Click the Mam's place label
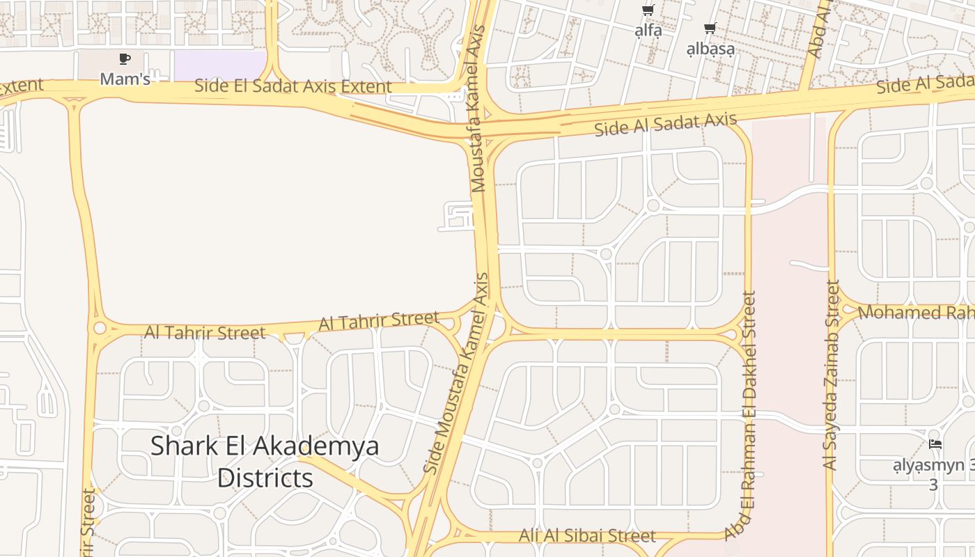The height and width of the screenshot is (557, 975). (x=125, y=79)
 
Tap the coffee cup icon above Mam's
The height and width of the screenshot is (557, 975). (x=125, y=59)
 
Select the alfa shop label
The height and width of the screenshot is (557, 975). (x=648, y=31)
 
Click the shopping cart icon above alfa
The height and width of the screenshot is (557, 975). (x=648, y=10)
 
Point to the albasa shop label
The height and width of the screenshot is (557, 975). (x=710, y=49)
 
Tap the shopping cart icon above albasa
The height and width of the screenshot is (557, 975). (x=710, y=29)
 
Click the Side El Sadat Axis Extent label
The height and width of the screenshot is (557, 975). (x=292, y=86)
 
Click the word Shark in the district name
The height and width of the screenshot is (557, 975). (x=185, y=446)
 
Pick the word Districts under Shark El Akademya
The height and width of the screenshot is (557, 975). (x=265, y=478)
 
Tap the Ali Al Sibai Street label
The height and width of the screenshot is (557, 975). (x=587, y=535)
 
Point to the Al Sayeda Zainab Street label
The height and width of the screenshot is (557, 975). (x=831, y=375)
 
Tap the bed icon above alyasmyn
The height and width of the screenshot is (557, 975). (x=935, y=444)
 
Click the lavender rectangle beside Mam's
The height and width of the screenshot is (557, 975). (x=219, y=65)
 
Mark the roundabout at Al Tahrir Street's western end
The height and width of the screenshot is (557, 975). (x=100, y=328)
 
